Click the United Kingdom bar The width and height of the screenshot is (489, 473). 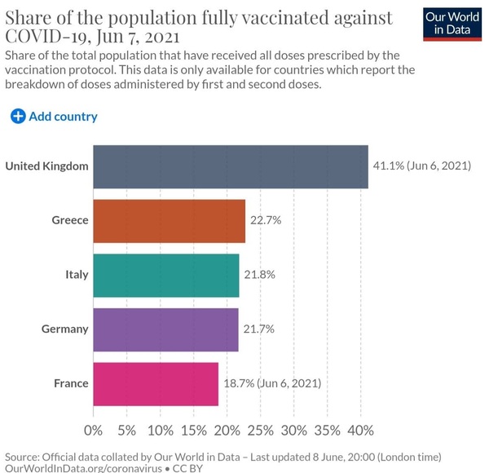(x=231, y=166)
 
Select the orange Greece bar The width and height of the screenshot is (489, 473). (x=169, y=221)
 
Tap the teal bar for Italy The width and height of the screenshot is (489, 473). (x=166, y=275)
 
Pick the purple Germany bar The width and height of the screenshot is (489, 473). (x=166, y=329)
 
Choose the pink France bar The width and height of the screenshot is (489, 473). (x=156, y=384)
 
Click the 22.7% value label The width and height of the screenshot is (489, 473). (x=266, y=220)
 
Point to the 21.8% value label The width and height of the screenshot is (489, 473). (x=259, y=275)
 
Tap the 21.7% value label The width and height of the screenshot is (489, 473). (x=259, y=329)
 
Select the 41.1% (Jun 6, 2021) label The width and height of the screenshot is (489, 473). (x=422, y=166)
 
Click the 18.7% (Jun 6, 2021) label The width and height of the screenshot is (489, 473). (x=272, y=383)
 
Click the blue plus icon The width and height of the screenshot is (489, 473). (x=18, y=117)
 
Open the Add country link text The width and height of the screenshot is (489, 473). (x=63, y=117)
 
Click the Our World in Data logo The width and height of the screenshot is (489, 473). (x=452, y=24)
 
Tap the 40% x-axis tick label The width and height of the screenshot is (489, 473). (x=361, y=431)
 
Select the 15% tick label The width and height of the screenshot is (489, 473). (x=194, y=431)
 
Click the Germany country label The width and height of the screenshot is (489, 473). (x=65, y=329)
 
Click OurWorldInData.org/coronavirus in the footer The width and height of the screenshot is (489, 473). (x=84, y=468)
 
